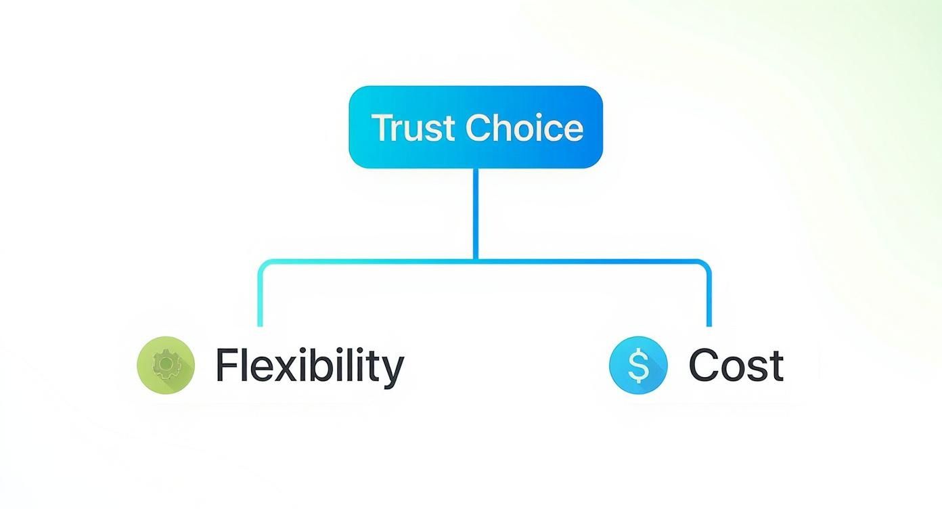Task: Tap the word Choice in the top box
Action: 524,128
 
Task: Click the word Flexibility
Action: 309,366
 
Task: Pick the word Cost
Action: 736,366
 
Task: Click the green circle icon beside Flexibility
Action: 166,365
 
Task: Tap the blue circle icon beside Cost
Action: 638,365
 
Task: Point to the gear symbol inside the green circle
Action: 164,365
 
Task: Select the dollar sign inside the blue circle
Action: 638,366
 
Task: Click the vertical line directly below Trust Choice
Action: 476,213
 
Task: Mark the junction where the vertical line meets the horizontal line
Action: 476,261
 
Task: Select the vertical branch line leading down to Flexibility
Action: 260,298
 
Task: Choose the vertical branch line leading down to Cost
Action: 709,298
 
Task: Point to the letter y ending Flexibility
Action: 392,371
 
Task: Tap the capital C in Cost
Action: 704,366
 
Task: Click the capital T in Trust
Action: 382,128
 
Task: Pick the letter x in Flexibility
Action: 286,370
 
